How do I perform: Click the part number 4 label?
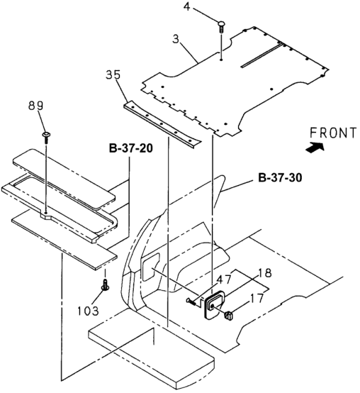pyautogui.click(x=187, y=7)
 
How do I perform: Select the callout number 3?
pyautogui.click(x=176, y=39)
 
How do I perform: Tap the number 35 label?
pyautogui.click(x=113, y=74)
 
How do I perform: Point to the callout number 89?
pyautogui.click(x=35, y=106)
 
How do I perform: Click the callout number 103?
pyautogui.click(x=88, y=311)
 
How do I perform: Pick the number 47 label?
pyautogui.click(x=223, y=279)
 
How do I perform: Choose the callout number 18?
pyautogui.click(x=264, y=273)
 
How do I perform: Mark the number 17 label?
pyautogui.click(x=257, y=298)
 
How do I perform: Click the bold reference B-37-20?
pyautogui.click(x=131, y=148)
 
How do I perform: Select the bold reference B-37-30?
pyautogui.click(x=280, y=178)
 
